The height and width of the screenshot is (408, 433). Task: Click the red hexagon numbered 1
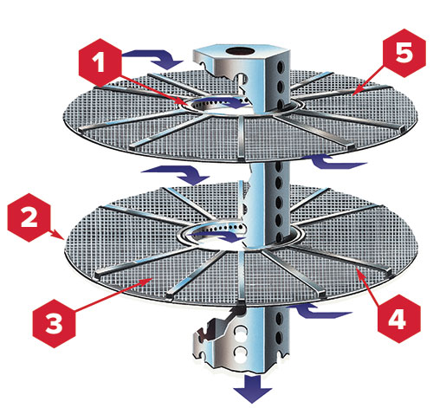[100, 62]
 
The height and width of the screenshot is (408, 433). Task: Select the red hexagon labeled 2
[29, 217]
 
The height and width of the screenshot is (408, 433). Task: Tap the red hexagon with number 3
[54, 323]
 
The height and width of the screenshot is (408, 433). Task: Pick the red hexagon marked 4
[399, 319]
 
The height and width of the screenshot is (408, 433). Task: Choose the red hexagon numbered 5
[404, 53]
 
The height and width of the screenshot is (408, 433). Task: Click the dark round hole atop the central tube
[240, 51]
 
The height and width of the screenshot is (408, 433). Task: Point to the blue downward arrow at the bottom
[253, 389]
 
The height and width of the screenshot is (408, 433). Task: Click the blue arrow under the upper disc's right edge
[335, 162]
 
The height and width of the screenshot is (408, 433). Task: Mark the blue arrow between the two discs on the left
[176, 175]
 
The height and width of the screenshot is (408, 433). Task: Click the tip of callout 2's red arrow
[63, 239]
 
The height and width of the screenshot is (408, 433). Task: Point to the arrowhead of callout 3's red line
[152, 278]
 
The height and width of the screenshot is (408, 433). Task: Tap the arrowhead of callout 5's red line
[353, 94]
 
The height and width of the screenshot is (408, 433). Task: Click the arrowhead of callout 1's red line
[188, 104]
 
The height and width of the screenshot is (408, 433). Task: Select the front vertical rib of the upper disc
[242, 138]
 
